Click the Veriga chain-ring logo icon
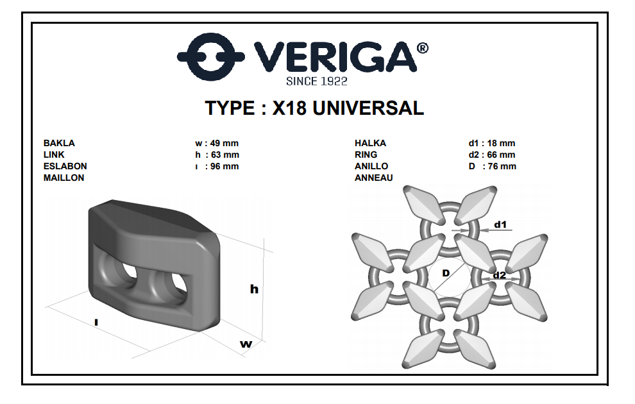(210, 56)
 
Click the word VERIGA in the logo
(335, 56)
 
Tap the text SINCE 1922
(317, 81)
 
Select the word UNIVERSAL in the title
(368, 108)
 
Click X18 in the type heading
(289, 108)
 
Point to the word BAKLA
(59, 143)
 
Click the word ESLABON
(65, 166)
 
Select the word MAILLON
(64, 178)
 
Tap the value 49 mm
(224, 143)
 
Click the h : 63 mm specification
(217, 155)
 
